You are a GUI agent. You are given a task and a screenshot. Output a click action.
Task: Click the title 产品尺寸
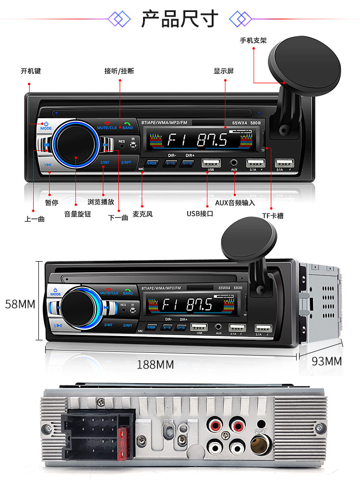click(x=180, y=19)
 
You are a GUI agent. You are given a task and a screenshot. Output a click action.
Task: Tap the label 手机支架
click(x=253, y=40)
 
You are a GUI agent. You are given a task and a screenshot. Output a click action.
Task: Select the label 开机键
click(x=31, y=71)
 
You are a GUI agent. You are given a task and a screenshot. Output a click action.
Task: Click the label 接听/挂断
click(x=119, y=71)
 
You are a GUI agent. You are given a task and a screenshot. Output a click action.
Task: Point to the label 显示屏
click(x=224, y=71)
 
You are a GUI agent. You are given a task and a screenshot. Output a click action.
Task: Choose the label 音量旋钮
click(x=77, y=214)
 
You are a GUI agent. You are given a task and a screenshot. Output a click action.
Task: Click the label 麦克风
click(x=143, y=214)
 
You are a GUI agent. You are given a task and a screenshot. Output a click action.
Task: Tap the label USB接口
click(x=200, y=214)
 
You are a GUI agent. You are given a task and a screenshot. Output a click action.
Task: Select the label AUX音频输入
click(x=235, y=203)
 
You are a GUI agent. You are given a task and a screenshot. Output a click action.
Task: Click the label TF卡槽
click(x=273, y=216)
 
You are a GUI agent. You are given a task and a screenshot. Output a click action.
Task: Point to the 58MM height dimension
click(x=20, y=304)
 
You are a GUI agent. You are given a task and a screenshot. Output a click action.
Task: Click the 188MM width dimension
click(x=156, y=364)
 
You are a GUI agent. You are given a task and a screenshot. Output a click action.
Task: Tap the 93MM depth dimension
click(x=326, y=361)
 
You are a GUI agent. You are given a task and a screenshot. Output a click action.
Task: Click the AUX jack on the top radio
click(x=234, y=163)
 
